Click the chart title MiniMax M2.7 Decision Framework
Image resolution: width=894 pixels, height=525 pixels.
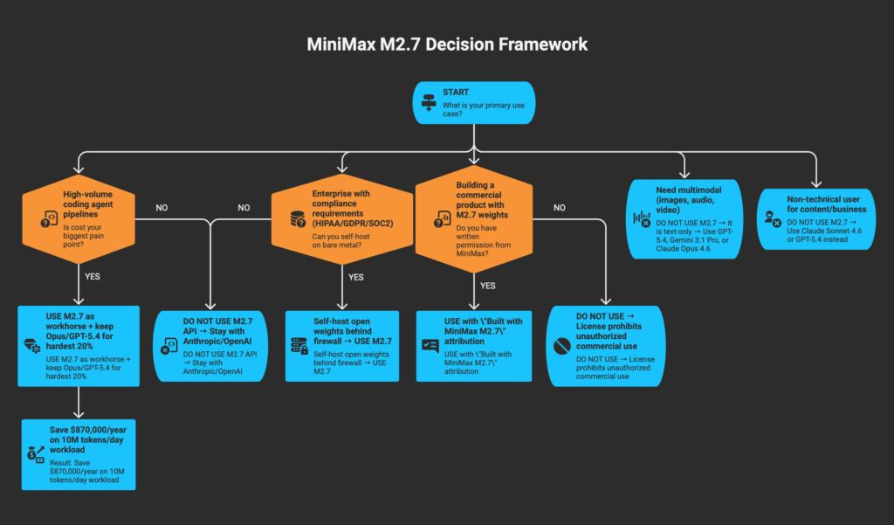coord(446,43)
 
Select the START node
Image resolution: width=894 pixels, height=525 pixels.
coord(472,102)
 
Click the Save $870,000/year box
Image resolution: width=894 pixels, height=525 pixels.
coord(78,453)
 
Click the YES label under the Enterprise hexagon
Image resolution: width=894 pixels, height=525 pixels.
coord(356,278)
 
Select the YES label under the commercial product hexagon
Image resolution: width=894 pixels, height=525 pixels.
coord(487,285)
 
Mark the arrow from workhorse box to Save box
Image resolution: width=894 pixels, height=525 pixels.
coord(78,402)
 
